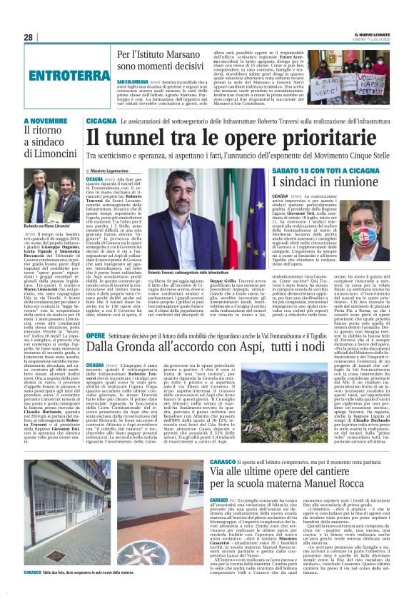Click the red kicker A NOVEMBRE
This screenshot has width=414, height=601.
click(x=44, y=122)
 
